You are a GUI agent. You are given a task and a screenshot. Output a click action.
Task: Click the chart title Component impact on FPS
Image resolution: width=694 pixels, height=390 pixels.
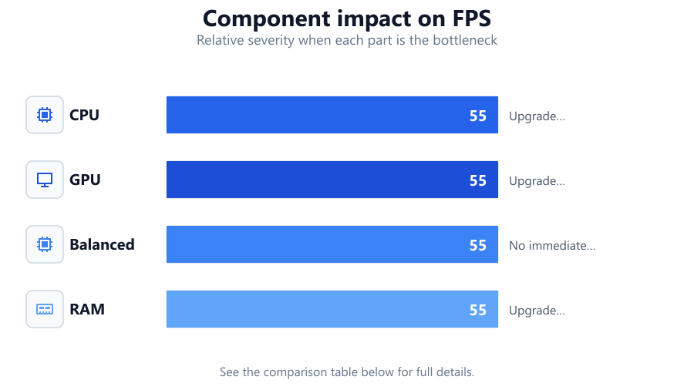(x=347, y=18)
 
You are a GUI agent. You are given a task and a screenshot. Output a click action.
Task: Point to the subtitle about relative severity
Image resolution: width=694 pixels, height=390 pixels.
(x=347, y=40)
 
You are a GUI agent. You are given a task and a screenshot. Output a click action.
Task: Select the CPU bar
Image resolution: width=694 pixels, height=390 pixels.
(x=332, y=115)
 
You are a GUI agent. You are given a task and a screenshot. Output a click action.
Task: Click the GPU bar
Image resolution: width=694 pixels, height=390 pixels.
(x=332, y=180)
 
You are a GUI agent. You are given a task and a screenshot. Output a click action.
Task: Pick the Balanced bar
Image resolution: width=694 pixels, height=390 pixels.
(x=332, y=244)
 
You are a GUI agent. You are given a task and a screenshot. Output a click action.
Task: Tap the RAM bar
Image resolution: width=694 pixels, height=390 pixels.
(x=332, y=309)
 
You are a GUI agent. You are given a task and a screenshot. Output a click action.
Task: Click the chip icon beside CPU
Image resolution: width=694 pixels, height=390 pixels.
(x=45, y=115)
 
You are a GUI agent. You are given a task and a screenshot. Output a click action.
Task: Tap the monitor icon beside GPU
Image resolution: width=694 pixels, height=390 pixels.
(x=45, y=180)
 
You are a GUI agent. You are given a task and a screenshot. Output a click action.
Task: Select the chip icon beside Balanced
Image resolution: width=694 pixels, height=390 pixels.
(x=45, y=244)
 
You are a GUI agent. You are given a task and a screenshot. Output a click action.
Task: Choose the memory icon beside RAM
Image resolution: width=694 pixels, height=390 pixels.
(x=45, y=309)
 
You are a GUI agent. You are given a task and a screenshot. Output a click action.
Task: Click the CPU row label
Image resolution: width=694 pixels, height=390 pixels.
(x=84, y=115)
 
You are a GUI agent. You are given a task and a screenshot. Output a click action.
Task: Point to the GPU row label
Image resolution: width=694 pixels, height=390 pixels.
(x=85, y=180)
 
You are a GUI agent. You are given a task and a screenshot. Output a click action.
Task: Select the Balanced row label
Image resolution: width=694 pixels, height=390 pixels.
(x=102, y=244)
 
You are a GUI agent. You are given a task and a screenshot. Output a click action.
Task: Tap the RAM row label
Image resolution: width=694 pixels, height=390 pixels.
(x=87, y=309)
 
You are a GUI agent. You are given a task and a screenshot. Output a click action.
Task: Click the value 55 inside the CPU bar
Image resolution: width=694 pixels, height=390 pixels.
(x=478, y=116)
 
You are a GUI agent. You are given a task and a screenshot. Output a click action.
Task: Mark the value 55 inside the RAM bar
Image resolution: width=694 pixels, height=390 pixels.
(x=478, y=310)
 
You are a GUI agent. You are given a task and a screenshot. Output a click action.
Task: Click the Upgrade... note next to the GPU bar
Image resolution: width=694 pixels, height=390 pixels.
(x=537, y=181)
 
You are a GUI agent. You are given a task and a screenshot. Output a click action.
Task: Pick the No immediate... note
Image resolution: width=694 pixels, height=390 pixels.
(x=552, y=245)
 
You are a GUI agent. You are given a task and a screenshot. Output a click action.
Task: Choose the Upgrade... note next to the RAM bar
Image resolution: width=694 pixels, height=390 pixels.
(x=537, y=311)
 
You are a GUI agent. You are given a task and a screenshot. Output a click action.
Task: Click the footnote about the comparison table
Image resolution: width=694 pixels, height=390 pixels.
(x=347, y=372)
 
